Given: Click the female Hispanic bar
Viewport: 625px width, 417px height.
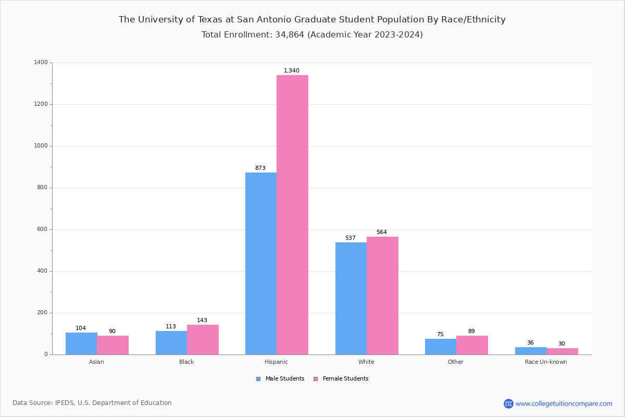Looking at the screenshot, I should point(292,215).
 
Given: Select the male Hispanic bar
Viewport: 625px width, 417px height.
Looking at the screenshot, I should point(261,263).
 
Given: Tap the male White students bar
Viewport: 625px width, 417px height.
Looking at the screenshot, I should point(351,298).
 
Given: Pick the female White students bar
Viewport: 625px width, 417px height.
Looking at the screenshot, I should point(382,296).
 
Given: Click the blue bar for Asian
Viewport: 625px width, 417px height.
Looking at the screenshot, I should point(81,344).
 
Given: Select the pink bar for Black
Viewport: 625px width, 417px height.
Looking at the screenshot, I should point(203,339).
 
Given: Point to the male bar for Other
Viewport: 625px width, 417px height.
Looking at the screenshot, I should point(441,347).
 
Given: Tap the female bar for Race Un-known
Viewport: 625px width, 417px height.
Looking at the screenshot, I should point(562,351).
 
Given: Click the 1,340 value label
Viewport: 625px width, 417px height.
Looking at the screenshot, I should point(292,71).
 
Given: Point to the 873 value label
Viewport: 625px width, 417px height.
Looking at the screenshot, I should point(260,168).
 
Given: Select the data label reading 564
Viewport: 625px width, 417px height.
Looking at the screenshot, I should point(382,232).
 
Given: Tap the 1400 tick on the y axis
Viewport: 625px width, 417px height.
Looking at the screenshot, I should point(41,63).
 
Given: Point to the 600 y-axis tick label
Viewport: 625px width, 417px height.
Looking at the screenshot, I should point(43,229).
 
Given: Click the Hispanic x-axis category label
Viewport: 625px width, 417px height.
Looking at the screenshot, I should point(276,362).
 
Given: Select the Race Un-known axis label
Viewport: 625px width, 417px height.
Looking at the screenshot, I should point(546,362).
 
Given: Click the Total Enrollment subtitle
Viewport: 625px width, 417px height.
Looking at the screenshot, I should point(312,35).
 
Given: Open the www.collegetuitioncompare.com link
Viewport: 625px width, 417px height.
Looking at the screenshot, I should point(564,403).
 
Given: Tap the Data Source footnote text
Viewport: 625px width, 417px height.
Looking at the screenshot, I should point(92,403).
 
